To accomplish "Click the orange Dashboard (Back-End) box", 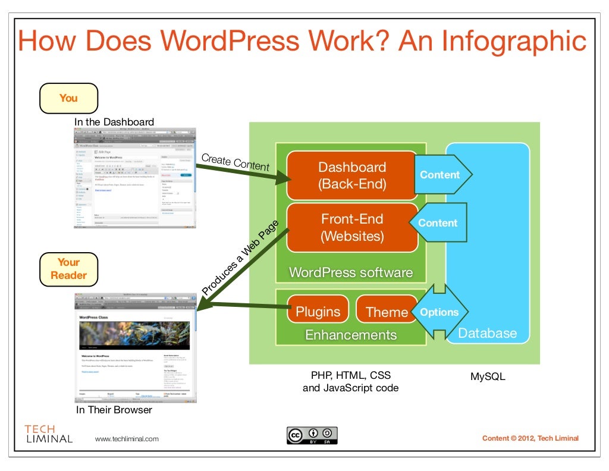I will (x=352, y=175).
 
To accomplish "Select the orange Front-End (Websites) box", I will (x=352, y=227).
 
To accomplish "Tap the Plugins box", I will (x=318, y=312).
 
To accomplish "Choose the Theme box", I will (x=387, y=312).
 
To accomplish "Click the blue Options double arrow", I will (x=440, y=312).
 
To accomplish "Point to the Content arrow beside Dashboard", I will (x=441, y=175).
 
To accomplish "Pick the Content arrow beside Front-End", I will (x=438, y=223).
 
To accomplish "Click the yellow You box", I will (x=68, y=98).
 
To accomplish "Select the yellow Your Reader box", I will (x=68, y=269).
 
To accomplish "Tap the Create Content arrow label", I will (x=235, y=162).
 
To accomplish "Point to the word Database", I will (x=487, y=333).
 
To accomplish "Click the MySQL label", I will (x=488, y=376).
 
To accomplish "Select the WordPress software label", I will (x=351, y=273).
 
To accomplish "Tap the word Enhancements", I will (x=351, y=335).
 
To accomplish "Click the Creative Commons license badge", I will (x=312, y=435).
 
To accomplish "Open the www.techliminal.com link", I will (x=127, y=439).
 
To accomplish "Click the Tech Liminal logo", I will (x=48, y=434).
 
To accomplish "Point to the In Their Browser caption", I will (x=114, y=410).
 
